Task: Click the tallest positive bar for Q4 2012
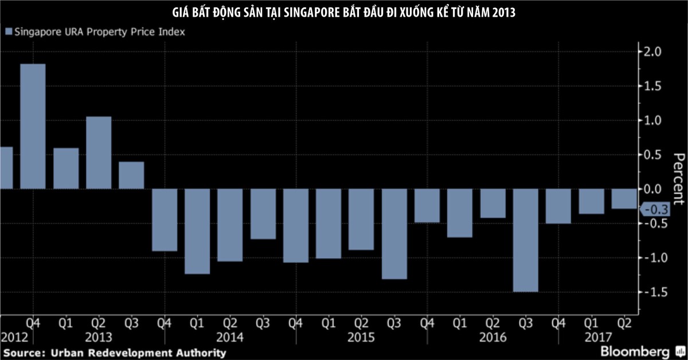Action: (x=33, y=126)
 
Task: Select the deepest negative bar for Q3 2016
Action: (x=525, y=240)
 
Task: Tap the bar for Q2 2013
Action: (x=99, y=152)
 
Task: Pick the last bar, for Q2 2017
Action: (x=623, y=198)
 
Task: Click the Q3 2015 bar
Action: (x=394, y=234)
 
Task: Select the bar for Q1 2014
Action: (x=197, y=231)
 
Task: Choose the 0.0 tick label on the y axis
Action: (x=654, y=189)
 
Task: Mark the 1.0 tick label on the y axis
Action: (x=654, y=120)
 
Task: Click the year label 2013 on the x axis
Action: (x=99, y=337)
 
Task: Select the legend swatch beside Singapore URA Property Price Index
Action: (x=8, y=32)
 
